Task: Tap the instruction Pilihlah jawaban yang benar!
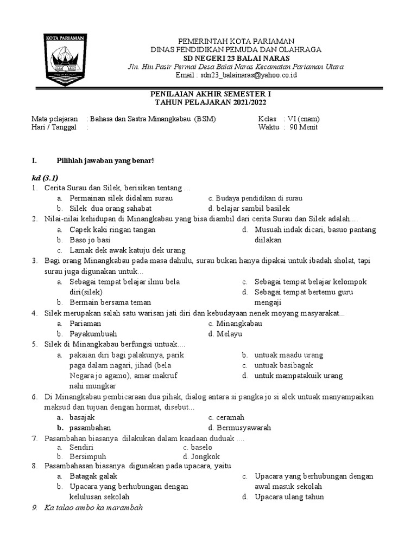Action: (105, 160)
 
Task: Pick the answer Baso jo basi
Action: (90, 240)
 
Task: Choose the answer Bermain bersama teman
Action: (110, 302)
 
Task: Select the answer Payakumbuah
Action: (93, 334)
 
